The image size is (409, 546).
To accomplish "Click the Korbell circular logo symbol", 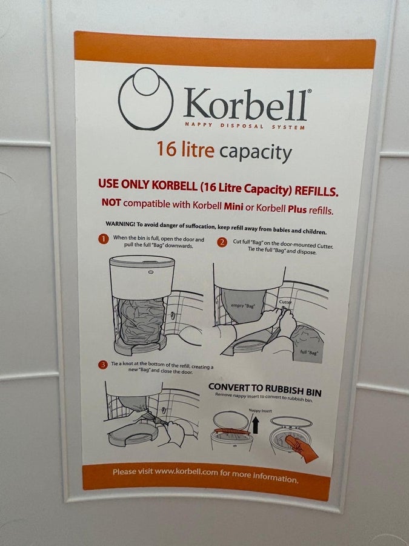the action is [145, 98].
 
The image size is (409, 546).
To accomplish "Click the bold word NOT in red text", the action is [111, 202].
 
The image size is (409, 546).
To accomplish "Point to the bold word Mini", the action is [233, 206].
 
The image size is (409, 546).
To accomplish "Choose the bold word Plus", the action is [298, 209].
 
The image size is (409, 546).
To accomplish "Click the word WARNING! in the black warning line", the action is [121, 224].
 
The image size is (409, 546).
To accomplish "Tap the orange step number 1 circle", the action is [103, 239].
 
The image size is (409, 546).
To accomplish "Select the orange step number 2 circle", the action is [222, 242].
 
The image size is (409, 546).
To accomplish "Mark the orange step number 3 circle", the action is [103, 365].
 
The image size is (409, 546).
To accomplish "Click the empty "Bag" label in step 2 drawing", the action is [243, 306].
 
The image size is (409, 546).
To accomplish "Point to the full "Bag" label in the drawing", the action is [309, 352].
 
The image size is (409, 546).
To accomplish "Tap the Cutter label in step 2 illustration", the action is [285, 302].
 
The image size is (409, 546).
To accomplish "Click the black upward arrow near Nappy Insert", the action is [256, 425].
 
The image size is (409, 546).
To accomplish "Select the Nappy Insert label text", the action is [260, 411].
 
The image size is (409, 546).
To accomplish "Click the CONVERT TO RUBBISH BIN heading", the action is [265, 389].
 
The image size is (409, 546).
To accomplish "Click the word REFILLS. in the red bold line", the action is [316, 191].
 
